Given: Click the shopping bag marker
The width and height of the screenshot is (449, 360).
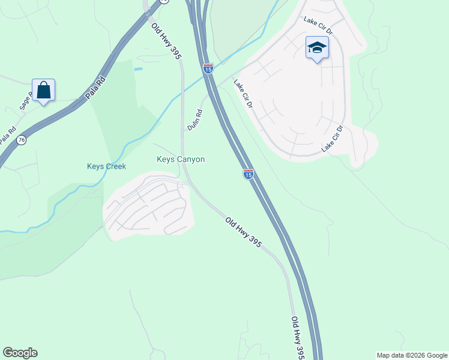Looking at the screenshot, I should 43,91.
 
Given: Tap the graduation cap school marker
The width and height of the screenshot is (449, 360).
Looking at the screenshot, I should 316,48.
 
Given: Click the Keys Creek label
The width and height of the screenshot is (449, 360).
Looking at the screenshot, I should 106,166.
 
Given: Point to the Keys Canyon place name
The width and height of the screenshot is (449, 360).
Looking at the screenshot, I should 181,160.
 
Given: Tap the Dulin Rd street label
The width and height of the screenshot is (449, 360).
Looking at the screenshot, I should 194,119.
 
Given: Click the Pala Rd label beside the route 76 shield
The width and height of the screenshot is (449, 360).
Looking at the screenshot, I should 7,135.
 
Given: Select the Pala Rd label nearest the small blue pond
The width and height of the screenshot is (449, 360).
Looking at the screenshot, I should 98,88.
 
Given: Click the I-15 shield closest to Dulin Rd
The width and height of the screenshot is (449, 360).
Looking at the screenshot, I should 208,69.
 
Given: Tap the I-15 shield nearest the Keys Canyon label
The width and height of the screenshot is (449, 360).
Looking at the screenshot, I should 248,174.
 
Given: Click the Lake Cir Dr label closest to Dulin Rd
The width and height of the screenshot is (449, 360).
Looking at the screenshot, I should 244,94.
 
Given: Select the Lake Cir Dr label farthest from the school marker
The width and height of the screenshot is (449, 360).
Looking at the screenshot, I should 332,139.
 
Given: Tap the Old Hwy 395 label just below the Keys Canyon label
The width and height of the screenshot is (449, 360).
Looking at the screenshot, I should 244,233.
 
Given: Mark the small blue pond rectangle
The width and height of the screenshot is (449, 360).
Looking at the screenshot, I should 139,69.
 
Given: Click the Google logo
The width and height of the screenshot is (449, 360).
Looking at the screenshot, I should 20,353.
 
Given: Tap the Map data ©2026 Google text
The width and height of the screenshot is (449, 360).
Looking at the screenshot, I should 412,355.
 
